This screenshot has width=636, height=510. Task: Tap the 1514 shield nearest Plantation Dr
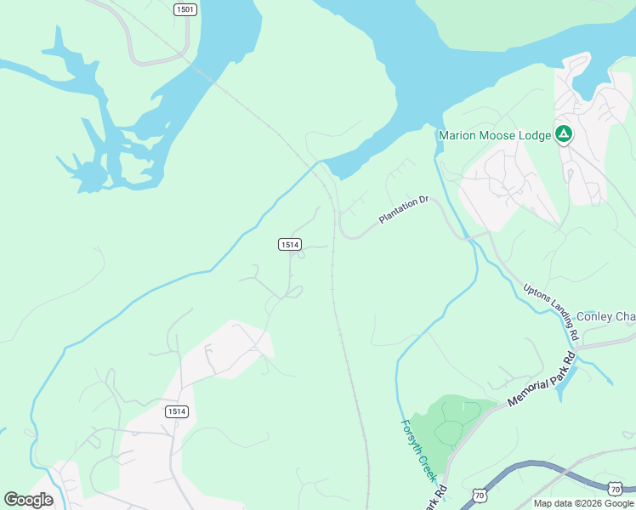pos(290,244)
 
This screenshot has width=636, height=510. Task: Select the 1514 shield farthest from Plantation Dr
pos(176,411)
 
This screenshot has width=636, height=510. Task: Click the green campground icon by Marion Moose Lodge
pos(563,133)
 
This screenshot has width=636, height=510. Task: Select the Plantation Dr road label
pos(405,211)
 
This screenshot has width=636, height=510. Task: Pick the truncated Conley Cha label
pos(605,317)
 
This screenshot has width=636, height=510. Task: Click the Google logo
pos(29,499)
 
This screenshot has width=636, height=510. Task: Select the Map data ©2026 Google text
pos(583,503)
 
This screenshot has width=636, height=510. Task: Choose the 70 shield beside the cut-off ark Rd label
pos(480,495)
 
